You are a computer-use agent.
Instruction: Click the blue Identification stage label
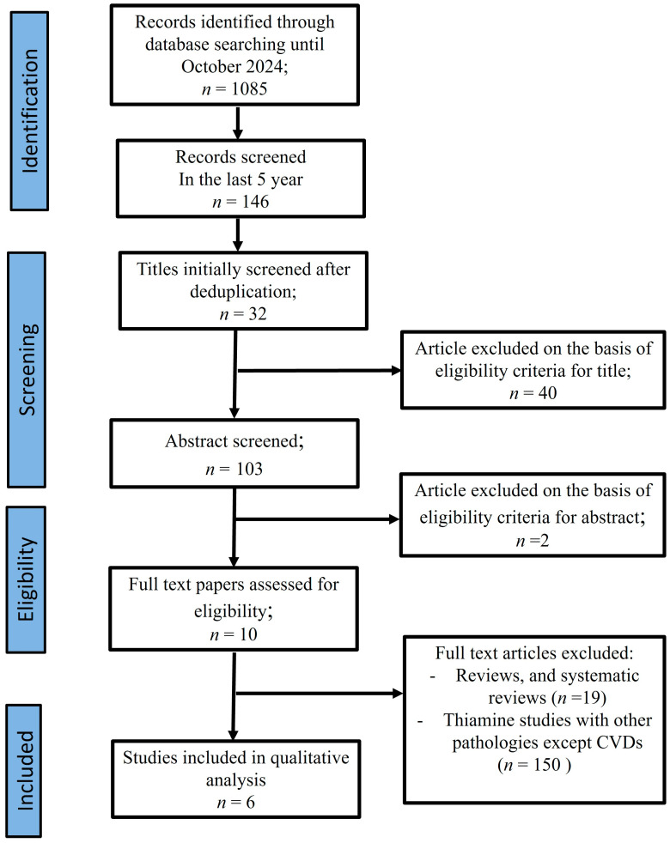(29, 111)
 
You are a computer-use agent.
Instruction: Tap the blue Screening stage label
(27, 369)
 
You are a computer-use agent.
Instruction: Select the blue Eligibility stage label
(26, 579)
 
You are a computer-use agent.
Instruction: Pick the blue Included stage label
(24, 770)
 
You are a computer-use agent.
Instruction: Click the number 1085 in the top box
(248, 88)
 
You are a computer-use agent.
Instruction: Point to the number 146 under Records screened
(255, 202)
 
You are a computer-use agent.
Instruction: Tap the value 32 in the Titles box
(257, 314)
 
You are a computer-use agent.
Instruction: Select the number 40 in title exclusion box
(547, 393)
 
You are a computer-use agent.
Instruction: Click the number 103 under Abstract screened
(249, 469)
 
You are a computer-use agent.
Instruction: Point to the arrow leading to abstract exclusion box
(318, 519)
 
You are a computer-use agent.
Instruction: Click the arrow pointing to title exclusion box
(320, 371)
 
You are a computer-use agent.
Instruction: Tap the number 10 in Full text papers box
(248, 634)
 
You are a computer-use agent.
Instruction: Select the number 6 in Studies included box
(250, 802)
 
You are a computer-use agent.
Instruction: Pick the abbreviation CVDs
(619, 743)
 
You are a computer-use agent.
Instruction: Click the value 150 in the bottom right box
(546, 765)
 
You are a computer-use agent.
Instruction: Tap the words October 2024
(234, 66)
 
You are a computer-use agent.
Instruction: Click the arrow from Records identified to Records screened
(237, 123)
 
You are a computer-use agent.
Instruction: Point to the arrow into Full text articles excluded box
(320, 694)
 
